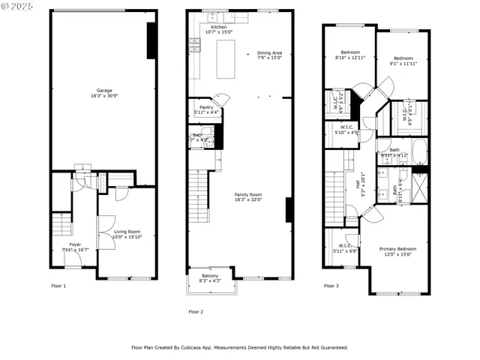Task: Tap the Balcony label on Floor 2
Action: (210, 276)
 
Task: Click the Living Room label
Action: (127, 232)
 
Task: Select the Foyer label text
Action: (75, 244)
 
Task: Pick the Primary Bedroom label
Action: (397, 248)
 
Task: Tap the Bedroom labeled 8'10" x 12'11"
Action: (349, 52)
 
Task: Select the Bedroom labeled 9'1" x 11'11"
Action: (403, 58)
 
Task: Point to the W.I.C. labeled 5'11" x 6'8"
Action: (345, 246)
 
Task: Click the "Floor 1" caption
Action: (58, 286)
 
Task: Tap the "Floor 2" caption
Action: (196, 311)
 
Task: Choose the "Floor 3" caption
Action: (331, 286)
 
